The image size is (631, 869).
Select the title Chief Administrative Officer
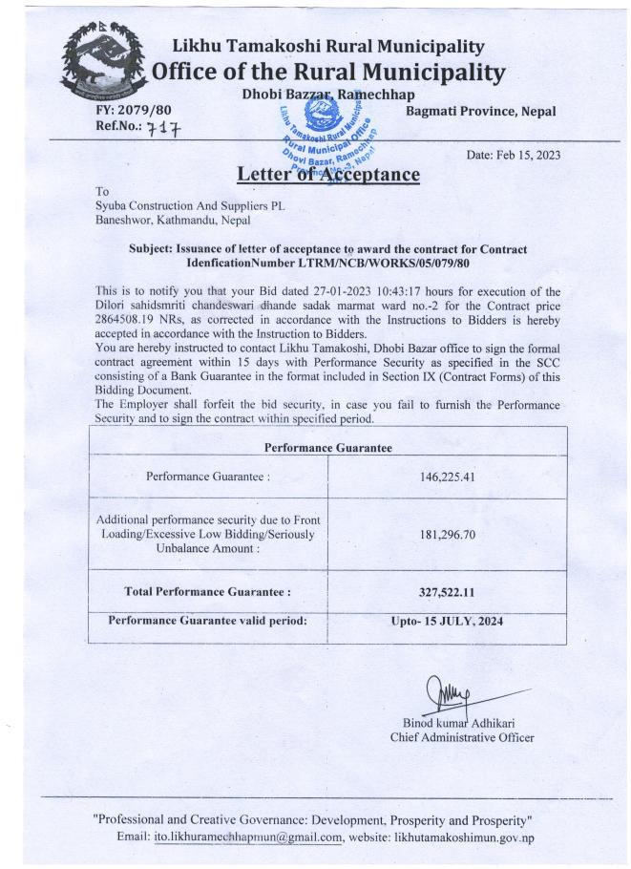pyautogui.click(x=462, y=736)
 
